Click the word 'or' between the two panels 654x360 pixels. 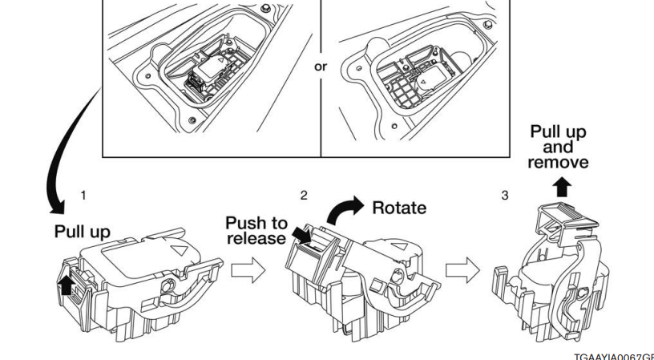pos(320,67)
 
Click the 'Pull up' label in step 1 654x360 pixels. pos(83,231)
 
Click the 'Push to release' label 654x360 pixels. pos(256,230)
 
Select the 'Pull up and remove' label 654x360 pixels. pos(558,148)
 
